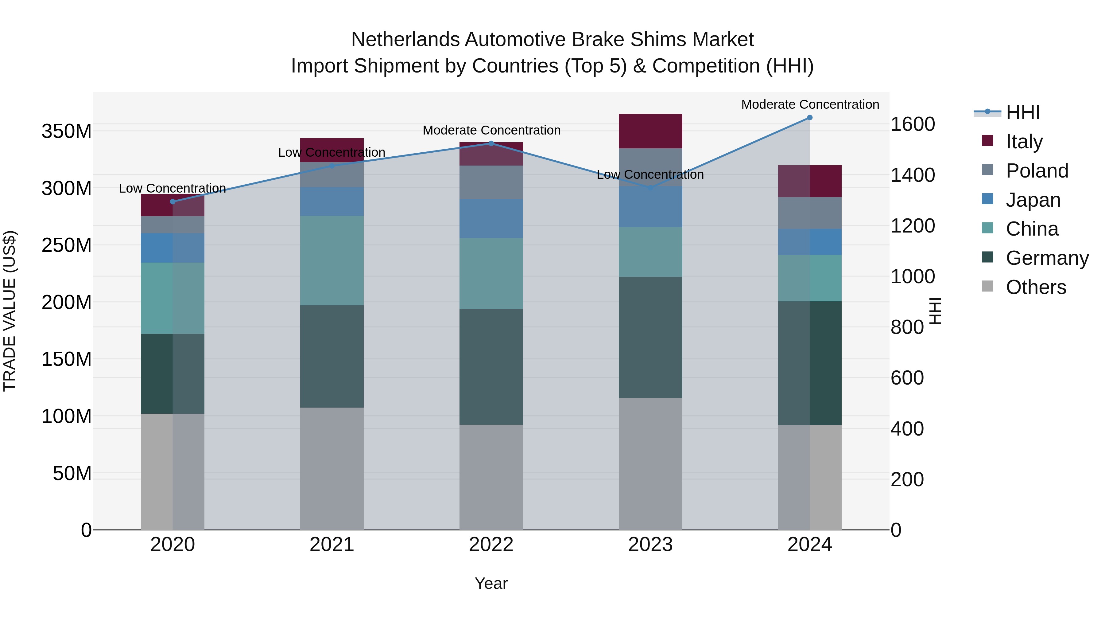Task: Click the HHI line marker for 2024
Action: tap(809, 118)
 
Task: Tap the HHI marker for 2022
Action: tap(491, 143)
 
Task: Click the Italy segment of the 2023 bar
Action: tap(650, 131)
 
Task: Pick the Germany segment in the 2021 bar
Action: tap(331, 356)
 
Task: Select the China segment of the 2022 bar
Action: tap(491, 273)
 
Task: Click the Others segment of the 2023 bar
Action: tap(650, 464)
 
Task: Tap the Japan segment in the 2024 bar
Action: tap(809, 242)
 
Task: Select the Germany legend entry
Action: tap(1047, 258)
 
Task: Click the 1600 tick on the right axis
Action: tap(913, 124)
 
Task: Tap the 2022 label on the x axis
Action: tap(491, 544)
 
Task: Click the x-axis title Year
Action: tap(491, 583)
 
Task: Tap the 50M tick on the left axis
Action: tap(72, 473)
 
